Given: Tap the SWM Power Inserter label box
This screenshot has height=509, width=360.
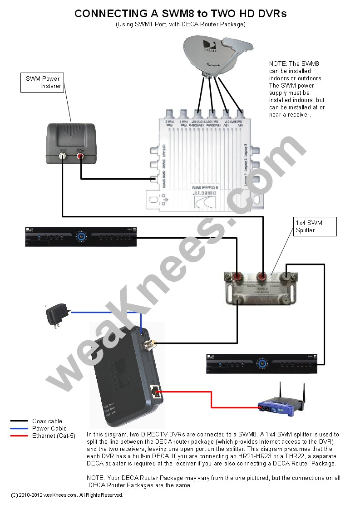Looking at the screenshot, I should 43,82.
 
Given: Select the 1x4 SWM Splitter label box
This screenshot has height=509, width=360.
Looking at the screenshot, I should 315,226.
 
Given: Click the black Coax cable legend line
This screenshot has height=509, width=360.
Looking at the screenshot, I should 19,421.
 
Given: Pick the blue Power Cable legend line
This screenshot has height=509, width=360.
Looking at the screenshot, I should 19,428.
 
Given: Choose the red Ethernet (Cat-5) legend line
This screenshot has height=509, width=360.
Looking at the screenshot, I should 19,436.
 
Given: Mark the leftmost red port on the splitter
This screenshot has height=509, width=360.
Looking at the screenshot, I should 236,276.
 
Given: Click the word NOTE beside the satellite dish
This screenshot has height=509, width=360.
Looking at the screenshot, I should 278,64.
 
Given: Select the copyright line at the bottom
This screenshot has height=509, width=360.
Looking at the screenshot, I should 67,495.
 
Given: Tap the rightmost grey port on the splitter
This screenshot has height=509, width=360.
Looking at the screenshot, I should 287,276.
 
